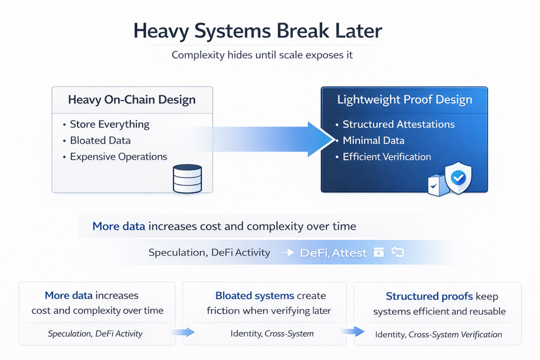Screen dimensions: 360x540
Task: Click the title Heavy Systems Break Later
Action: coord(258,31)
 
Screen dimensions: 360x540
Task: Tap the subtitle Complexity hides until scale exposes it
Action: coord(262,55)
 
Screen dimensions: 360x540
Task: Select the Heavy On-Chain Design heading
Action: coord(132,100)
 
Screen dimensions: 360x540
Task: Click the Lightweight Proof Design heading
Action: coord(404,100)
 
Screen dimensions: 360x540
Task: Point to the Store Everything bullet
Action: coord(110,124)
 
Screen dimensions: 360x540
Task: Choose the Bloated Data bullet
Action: coord(100,140)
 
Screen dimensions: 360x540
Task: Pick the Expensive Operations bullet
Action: coord(119,157)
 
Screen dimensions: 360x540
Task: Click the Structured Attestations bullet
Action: coord(398,124)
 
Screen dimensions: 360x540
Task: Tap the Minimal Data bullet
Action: coord(373,140)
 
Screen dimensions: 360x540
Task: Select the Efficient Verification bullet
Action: coord(387,157)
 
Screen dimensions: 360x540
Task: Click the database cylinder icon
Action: coord(187,178)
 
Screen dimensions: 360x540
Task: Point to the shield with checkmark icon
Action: coord(457,177)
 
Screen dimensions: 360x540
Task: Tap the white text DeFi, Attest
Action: coord(333,252)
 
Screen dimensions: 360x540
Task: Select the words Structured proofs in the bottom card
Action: coord(421,296)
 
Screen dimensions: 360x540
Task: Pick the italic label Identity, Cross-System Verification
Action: coord(438,335)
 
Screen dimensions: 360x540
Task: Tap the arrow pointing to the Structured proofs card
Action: coord(353,333)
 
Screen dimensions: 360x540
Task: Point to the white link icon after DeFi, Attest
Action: coord(397,252)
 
